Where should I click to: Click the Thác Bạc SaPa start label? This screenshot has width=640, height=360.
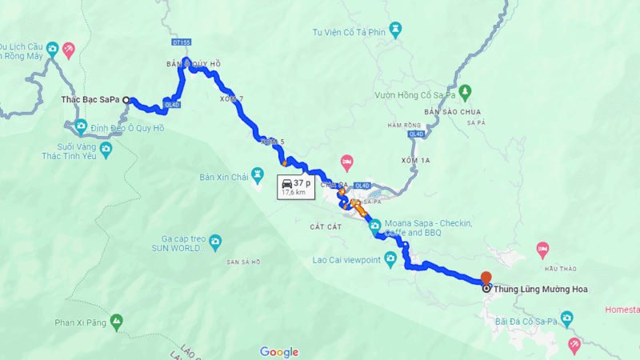[x=90, y=100]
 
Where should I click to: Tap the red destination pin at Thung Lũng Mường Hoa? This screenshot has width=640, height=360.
[x=486, y=278]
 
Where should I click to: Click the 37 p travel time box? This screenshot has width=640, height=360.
[x=294, y=186]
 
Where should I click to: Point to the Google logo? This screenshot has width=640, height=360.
[x=279, y=352]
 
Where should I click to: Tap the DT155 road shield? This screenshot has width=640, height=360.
[x=182, y=40]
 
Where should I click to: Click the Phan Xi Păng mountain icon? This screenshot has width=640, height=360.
[x=117, y=322]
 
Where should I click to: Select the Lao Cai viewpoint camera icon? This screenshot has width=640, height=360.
[x=390, y=259]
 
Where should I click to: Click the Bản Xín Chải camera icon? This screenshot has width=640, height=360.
[x=258, y=173]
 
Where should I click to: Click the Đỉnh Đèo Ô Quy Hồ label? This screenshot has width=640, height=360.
[x=127, y=128]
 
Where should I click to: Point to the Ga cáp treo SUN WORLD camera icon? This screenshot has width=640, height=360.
[x=215, y=241]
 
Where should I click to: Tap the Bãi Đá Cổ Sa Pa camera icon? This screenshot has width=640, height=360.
[x=567, y=320]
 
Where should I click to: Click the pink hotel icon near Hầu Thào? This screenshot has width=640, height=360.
[x=543, y=250]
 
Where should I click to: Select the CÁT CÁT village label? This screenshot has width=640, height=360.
[x=326, y=226]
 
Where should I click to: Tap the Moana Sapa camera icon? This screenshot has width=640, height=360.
[x=374, y=226]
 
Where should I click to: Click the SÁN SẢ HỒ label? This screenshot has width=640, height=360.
[x=244, y=262]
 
